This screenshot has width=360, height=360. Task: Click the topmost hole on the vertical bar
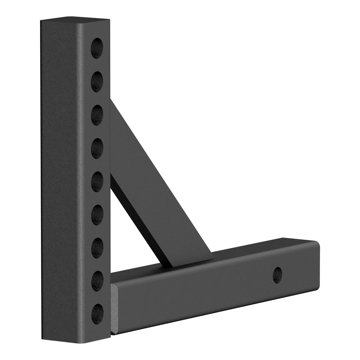[x=98, y=47]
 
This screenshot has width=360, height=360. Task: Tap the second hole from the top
[x=98, y=80]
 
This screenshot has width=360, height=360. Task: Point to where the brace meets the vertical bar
[x=114, y=113]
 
